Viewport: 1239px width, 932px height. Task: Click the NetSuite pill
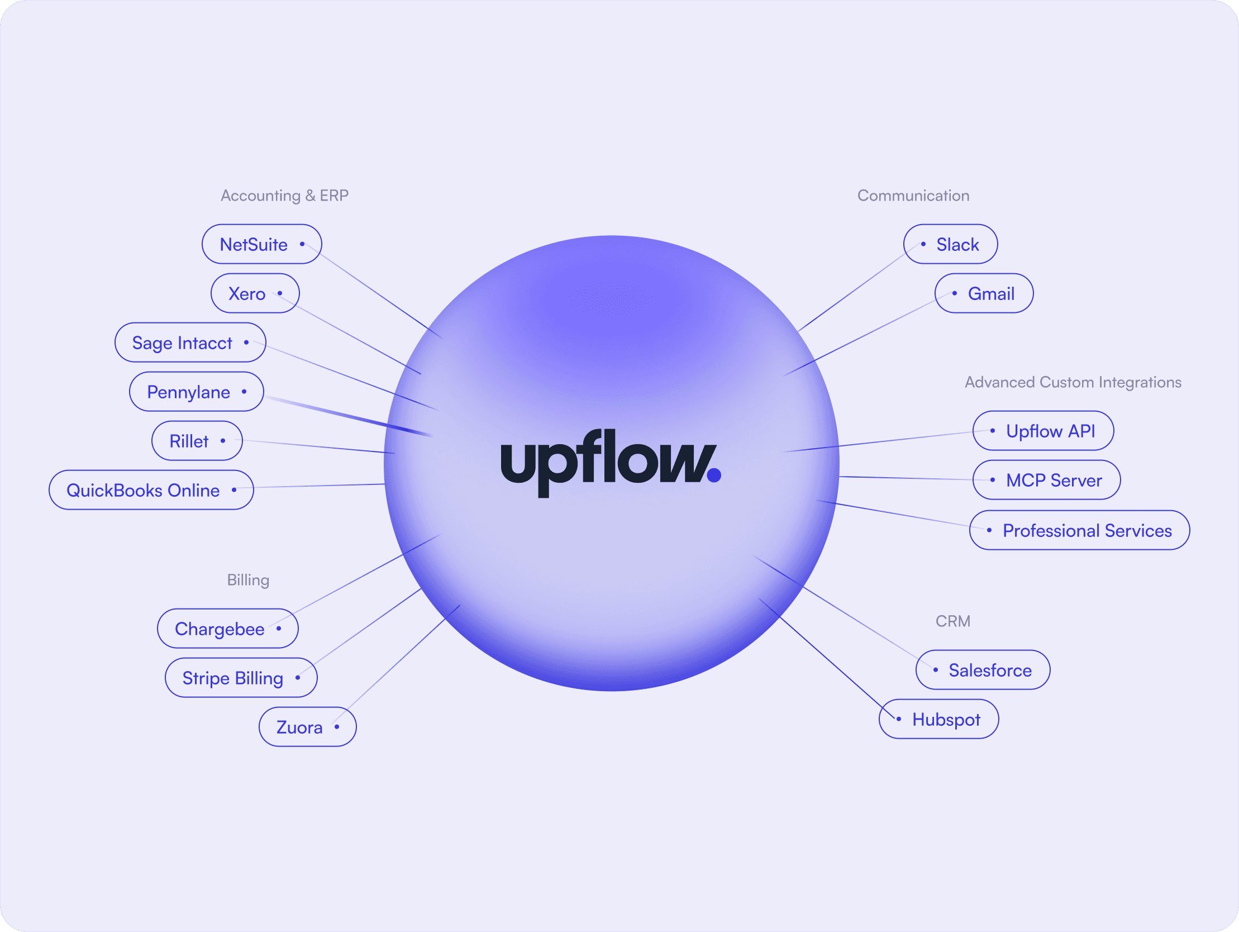261,244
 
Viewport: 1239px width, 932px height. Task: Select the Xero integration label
255,293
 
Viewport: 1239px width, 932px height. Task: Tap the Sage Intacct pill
190,343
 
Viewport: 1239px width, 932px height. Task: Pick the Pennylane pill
197,392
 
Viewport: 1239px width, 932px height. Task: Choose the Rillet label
197,441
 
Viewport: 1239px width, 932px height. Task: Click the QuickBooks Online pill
151,491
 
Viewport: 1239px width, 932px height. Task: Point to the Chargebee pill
228,629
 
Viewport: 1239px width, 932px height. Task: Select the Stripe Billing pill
241,678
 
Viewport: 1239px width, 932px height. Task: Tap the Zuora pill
307,727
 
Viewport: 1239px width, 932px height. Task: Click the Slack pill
951,244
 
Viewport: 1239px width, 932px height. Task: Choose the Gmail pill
984,293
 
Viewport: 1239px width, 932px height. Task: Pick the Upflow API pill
1043,431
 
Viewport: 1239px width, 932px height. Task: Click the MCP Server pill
1047,481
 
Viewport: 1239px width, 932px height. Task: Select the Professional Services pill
1080,530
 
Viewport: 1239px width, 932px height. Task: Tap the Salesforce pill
983,671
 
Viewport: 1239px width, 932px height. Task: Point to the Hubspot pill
939,719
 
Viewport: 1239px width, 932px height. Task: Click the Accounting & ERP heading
284,196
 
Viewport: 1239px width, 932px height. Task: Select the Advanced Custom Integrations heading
1073,382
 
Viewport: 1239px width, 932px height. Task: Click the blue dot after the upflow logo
714,475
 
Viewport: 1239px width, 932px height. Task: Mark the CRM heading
953,621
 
